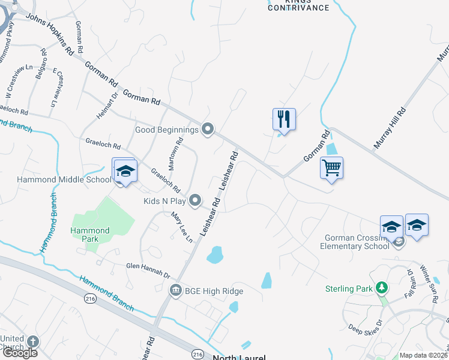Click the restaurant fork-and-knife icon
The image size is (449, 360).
(284, 119)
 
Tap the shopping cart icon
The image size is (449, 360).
(331, 167)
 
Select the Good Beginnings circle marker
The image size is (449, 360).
(208, 129)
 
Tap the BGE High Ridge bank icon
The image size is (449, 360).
(175, 291)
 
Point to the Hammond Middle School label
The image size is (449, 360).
(56, 179)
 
